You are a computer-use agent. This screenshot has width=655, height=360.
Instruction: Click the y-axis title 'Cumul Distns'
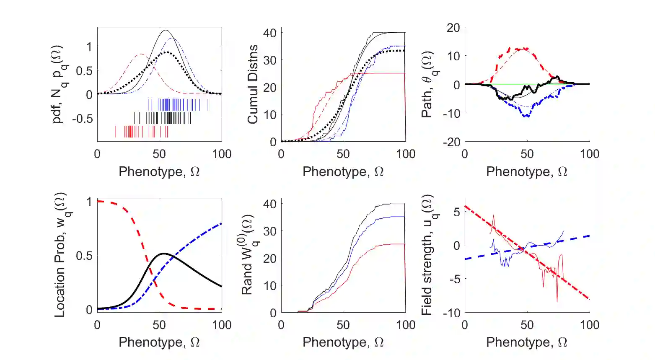(x=252, y=85)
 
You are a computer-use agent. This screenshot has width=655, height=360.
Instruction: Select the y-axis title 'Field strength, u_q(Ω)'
(x=427, y=255)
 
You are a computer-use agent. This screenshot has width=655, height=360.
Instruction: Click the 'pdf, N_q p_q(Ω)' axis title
(x=60, y=85)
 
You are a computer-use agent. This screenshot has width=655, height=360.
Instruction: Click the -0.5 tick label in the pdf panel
(x=82, y=119)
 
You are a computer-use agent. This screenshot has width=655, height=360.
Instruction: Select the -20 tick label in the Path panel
(x=451, y=142)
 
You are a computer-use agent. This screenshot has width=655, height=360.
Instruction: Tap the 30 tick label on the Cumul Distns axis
(x=269, y=60)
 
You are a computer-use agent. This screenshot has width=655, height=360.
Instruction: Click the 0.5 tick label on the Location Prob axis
(x=84, y=255)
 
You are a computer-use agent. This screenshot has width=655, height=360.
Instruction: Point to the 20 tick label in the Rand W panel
(x=269, y=258)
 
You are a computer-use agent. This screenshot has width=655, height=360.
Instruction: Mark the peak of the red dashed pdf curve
(x=141, y=54)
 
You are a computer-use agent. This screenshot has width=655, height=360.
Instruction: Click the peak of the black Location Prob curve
(x=163, y=254)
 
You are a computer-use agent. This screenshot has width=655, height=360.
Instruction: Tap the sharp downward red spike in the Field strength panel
(x=557, y=302)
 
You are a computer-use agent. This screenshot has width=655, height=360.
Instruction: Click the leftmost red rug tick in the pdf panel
(x=115, y=132)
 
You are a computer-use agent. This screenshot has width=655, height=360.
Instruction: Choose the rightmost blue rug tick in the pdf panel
(x=208, y=105)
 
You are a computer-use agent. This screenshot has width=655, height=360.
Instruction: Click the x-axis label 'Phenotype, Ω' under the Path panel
(x=526, y=172)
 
